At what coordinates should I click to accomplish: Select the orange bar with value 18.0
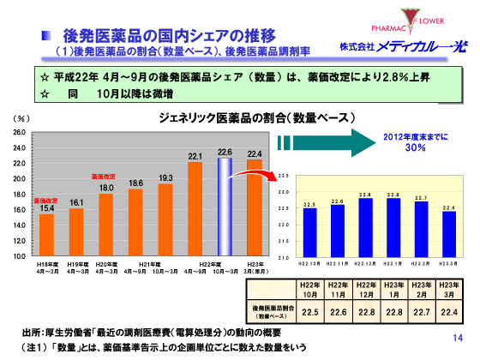[x=106, y=224]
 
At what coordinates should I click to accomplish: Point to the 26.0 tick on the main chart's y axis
[x=19, y=134]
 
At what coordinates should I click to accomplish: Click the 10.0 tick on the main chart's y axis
[x=19, y=256]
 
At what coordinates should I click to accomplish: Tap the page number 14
[x=457, y=338]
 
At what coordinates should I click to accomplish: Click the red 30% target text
[x=416, y=147]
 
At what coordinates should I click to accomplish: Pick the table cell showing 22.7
[x=421, y=311]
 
